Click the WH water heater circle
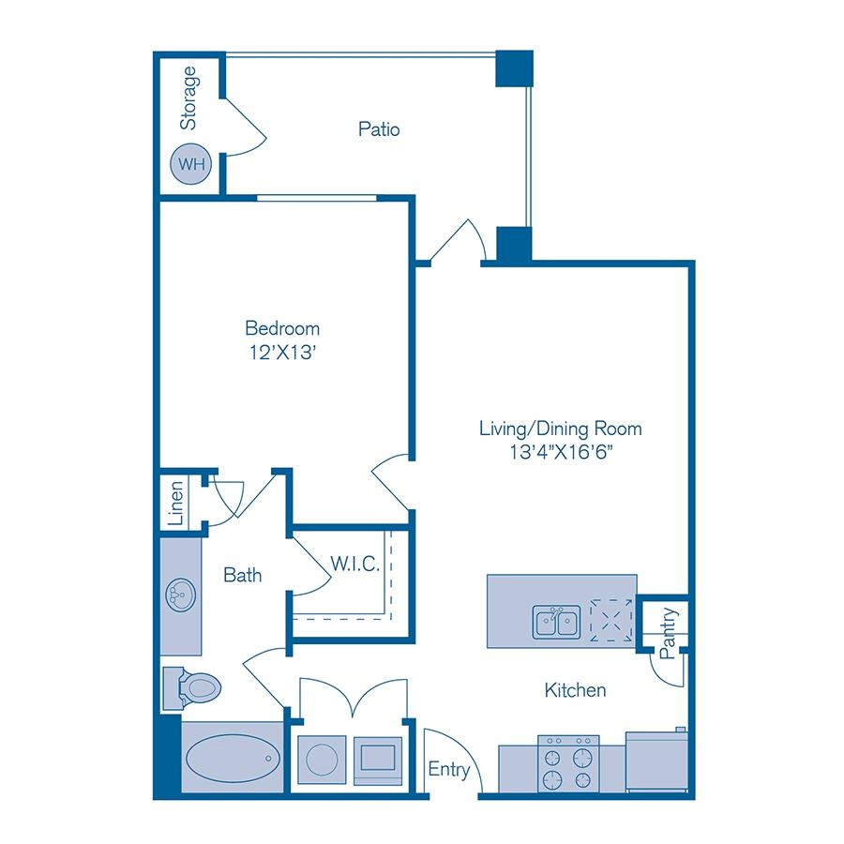(191, 164)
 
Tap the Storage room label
(188, 98)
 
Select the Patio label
(379, 129)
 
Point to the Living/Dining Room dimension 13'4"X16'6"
(560, 452)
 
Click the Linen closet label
(175, 502)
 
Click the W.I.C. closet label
(354, 564)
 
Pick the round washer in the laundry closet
(322, 759)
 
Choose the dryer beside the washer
(379, 758)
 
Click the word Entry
(448, 770)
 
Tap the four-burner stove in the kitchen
(568, 762)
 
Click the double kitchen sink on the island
(556, 621)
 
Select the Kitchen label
(575, 691)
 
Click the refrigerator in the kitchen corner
(656, 762)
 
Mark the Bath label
(242, 575)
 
